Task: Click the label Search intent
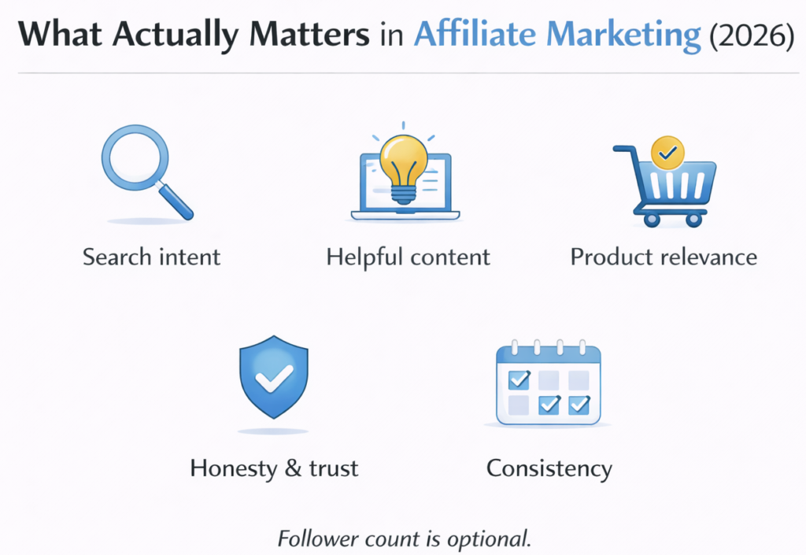(151, 257)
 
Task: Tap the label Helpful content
(408, 257)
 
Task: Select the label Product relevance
(664, 257)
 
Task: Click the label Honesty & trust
(274, 468)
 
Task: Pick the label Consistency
(549, 468)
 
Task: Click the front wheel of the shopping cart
(693, 219)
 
